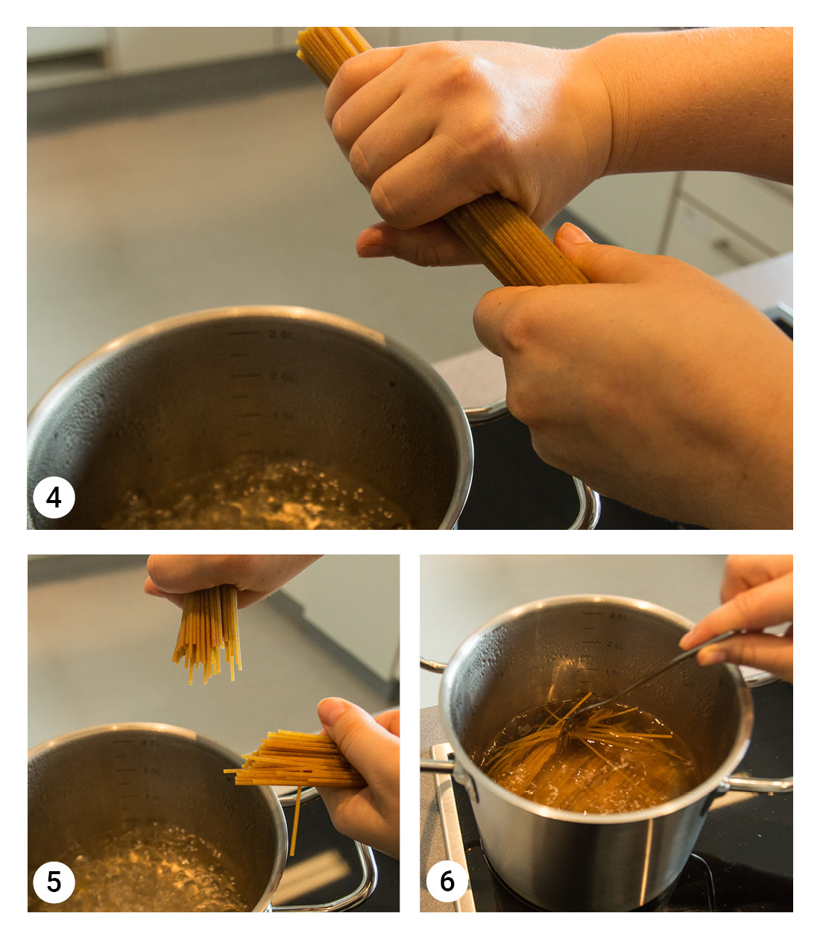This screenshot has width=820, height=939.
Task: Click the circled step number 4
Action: coord(54,497)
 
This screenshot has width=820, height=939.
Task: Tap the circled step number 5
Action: coord(54,882)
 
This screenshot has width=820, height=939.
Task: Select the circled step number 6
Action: coord(447,881)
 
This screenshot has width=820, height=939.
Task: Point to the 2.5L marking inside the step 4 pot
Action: coord(280,335)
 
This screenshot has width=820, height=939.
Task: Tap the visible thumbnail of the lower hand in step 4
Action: coord(573,234)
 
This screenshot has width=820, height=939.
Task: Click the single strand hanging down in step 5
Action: coord(295,820)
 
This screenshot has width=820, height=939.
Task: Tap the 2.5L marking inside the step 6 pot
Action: coord(618,616)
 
